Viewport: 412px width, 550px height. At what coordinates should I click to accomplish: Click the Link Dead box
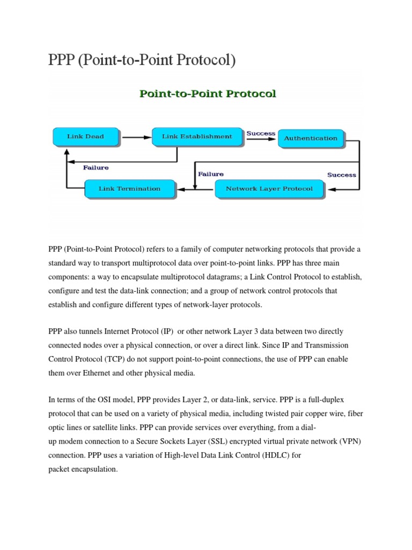[x=85, y=137]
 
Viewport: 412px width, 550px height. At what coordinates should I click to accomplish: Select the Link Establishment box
[x=197, y=137]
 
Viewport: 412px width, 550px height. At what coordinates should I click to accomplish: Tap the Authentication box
[x=311, y=139]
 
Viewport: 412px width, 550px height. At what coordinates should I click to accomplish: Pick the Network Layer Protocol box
[x=269, y=189]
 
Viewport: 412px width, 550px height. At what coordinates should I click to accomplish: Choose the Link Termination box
[x=130, y=189]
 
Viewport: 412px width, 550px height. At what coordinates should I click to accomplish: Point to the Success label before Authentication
[x=261, y=133]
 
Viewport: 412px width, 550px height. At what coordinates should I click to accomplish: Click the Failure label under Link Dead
[x=95, y=168]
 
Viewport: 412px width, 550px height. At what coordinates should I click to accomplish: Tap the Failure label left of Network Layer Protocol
[x=211, y=174]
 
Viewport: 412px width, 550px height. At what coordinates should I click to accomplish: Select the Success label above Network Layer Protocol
[x=341, y=175]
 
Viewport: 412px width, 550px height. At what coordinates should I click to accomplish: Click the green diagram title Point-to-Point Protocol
[x=208, y=94]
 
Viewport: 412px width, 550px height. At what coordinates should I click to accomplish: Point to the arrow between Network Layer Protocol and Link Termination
[x=195, y=189]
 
